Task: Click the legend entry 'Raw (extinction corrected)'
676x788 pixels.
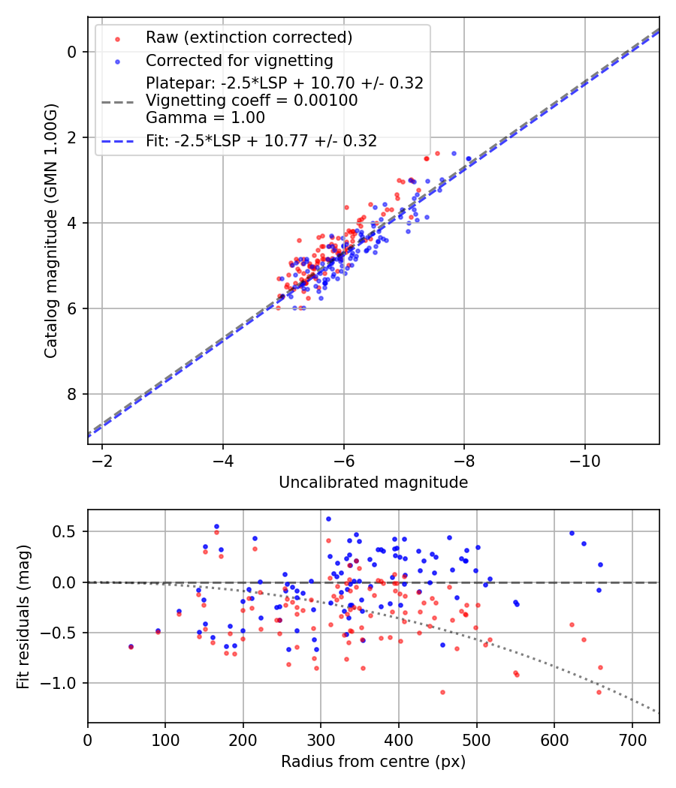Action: click(248, 38)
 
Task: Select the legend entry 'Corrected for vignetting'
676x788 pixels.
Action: click(239, 60)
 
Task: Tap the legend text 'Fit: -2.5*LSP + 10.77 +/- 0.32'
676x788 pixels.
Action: click(261, 140)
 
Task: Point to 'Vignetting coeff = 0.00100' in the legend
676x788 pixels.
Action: click(252, 101)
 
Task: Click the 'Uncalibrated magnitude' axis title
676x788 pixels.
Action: click(373, 483)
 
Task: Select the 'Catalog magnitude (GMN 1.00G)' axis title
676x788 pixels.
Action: click(50, 230)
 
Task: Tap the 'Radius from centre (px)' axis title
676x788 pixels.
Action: click(373, 762)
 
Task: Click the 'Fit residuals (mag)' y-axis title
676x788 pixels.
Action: click(23, 616)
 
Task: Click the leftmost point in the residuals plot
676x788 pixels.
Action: click(131, 646)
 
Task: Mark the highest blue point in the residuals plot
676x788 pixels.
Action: click(328, 519)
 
